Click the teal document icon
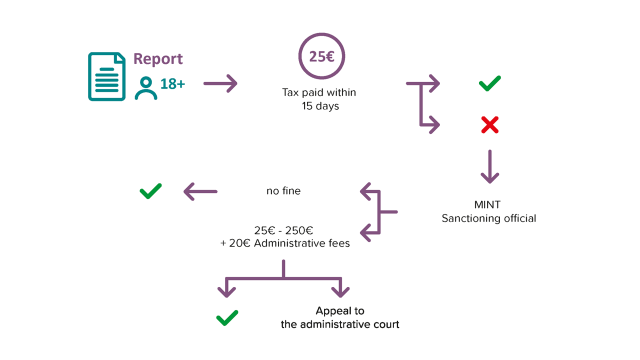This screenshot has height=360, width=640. click(x=106, y=76)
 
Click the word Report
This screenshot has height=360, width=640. click(x=158, y=59)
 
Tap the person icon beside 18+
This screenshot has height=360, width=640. click(x=146, y=88)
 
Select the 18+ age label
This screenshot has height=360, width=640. click(x=172, y=84)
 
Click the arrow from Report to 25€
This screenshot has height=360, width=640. click(x=220, y=83)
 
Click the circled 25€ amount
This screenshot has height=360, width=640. click(x=321, y=56)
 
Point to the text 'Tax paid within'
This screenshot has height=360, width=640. click(x=319, y=92)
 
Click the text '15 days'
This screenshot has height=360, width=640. click(x=320, y=106)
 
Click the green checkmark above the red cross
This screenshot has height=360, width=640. click(x=489, y=83)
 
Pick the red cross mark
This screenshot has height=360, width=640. click(x=489, y=125)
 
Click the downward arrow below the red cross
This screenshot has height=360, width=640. click(x=489, y=167)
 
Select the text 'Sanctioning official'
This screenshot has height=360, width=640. click(x=488, y=218)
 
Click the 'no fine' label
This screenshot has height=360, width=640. click(x=283, y=191)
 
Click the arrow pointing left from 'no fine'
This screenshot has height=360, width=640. click(x=200, y=191)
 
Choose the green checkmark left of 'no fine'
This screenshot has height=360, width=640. click(x=150, y=190)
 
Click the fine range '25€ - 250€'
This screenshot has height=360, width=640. click(x=283, y=231)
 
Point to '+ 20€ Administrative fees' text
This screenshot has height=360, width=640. click(x=285, y=244)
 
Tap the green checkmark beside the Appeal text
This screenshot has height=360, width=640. click(x=227, y=317)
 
